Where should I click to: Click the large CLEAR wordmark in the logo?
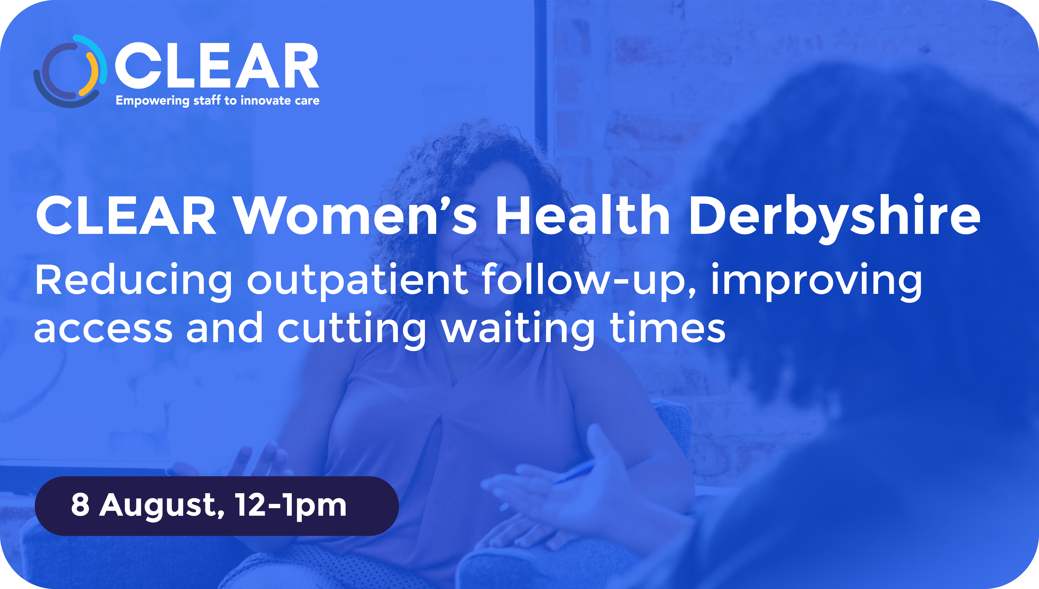pyautogui.click(x=217, y=66)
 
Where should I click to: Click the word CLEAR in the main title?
pyautogui.click(x=126, y=215)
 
